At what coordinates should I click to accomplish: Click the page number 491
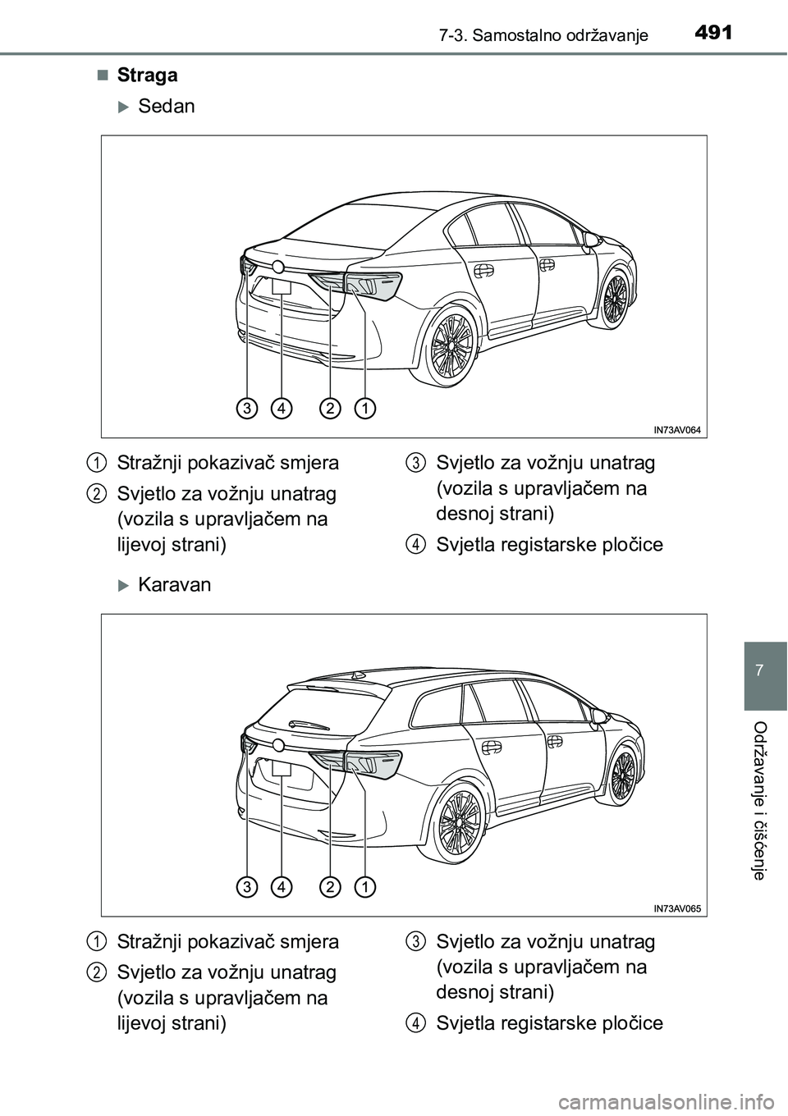711,33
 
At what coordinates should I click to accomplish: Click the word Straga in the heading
147,75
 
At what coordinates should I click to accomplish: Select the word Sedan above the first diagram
167,106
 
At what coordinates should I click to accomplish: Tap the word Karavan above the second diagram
174,585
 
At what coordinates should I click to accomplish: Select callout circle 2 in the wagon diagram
330,885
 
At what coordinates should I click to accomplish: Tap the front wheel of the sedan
615,298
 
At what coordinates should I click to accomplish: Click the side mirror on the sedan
590,239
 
